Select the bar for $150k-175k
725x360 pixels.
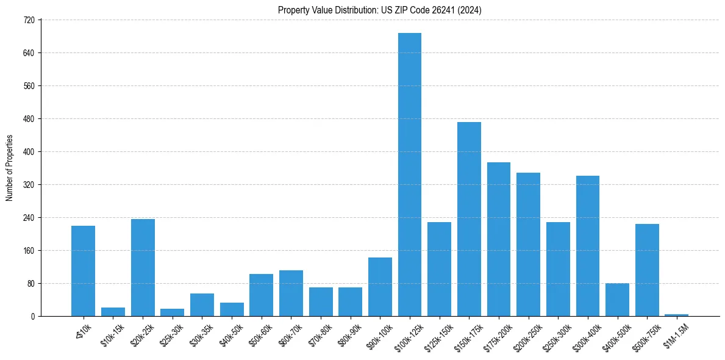[469, 219]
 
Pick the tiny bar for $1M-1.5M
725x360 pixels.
[676, 315]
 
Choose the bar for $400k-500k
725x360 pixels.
[617, 300]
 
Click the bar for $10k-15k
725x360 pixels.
[113, 312]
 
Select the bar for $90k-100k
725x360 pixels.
[380, 287]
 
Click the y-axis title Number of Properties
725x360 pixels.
[9, 168]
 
